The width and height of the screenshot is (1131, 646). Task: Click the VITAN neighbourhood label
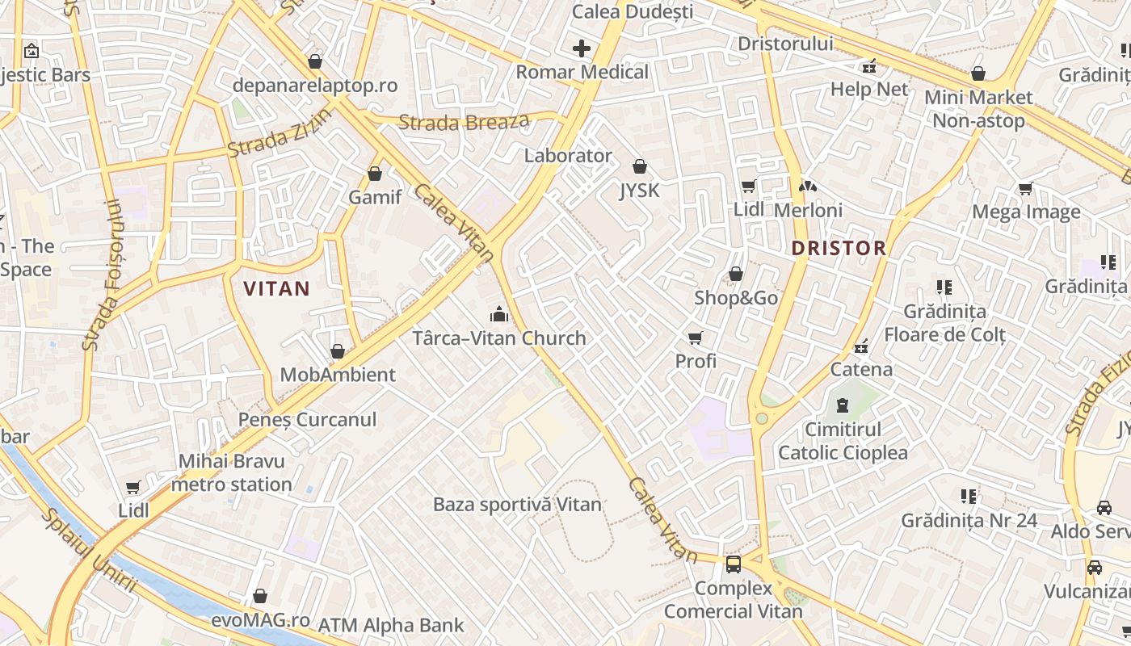276,288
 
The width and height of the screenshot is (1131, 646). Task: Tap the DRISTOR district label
839,248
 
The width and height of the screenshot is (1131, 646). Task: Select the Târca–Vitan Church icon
499,313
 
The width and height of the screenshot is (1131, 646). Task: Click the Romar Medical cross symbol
582,48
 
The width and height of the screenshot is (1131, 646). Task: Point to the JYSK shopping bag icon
640,167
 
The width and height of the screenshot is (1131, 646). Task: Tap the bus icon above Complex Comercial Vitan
734,564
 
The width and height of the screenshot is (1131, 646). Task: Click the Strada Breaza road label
464,123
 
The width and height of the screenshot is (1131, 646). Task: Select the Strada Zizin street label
279,133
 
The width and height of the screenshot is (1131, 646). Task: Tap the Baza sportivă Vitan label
517,505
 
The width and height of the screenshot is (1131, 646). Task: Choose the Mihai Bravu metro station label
232,473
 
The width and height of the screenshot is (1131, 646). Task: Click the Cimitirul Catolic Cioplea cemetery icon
843,405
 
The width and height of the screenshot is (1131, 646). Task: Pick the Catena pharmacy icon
862,347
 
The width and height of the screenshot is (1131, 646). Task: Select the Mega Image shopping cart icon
1025,189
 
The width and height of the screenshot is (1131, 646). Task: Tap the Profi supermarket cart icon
696,338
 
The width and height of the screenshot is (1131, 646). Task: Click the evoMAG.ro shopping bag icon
260,597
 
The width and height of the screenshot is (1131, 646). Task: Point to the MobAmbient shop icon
338,351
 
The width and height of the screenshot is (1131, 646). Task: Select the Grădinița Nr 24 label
969,521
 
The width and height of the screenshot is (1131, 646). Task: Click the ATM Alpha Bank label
391,625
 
